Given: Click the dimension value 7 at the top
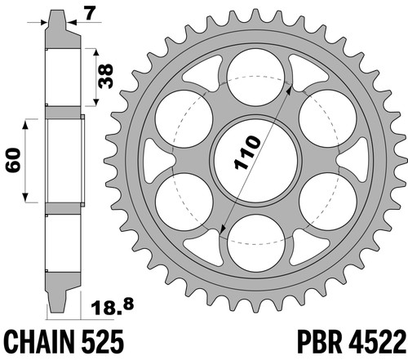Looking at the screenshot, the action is tap(90, 14).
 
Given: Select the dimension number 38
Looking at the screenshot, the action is tap(106, 77).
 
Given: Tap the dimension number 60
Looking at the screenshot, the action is tap(14, 161).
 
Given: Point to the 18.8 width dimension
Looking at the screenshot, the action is tap(112, 306).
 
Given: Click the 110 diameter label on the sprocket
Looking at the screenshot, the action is tap(247, 153).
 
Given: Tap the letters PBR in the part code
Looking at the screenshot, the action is tap(320, 341).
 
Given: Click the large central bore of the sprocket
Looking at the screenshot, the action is tap(256, 160).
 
